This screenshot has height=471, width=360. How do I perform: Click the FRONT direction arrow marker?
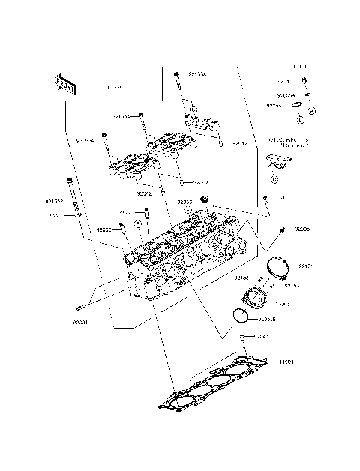coord(65,84)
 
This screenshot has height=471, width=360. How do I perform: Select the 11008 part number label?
coord(114,88)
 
